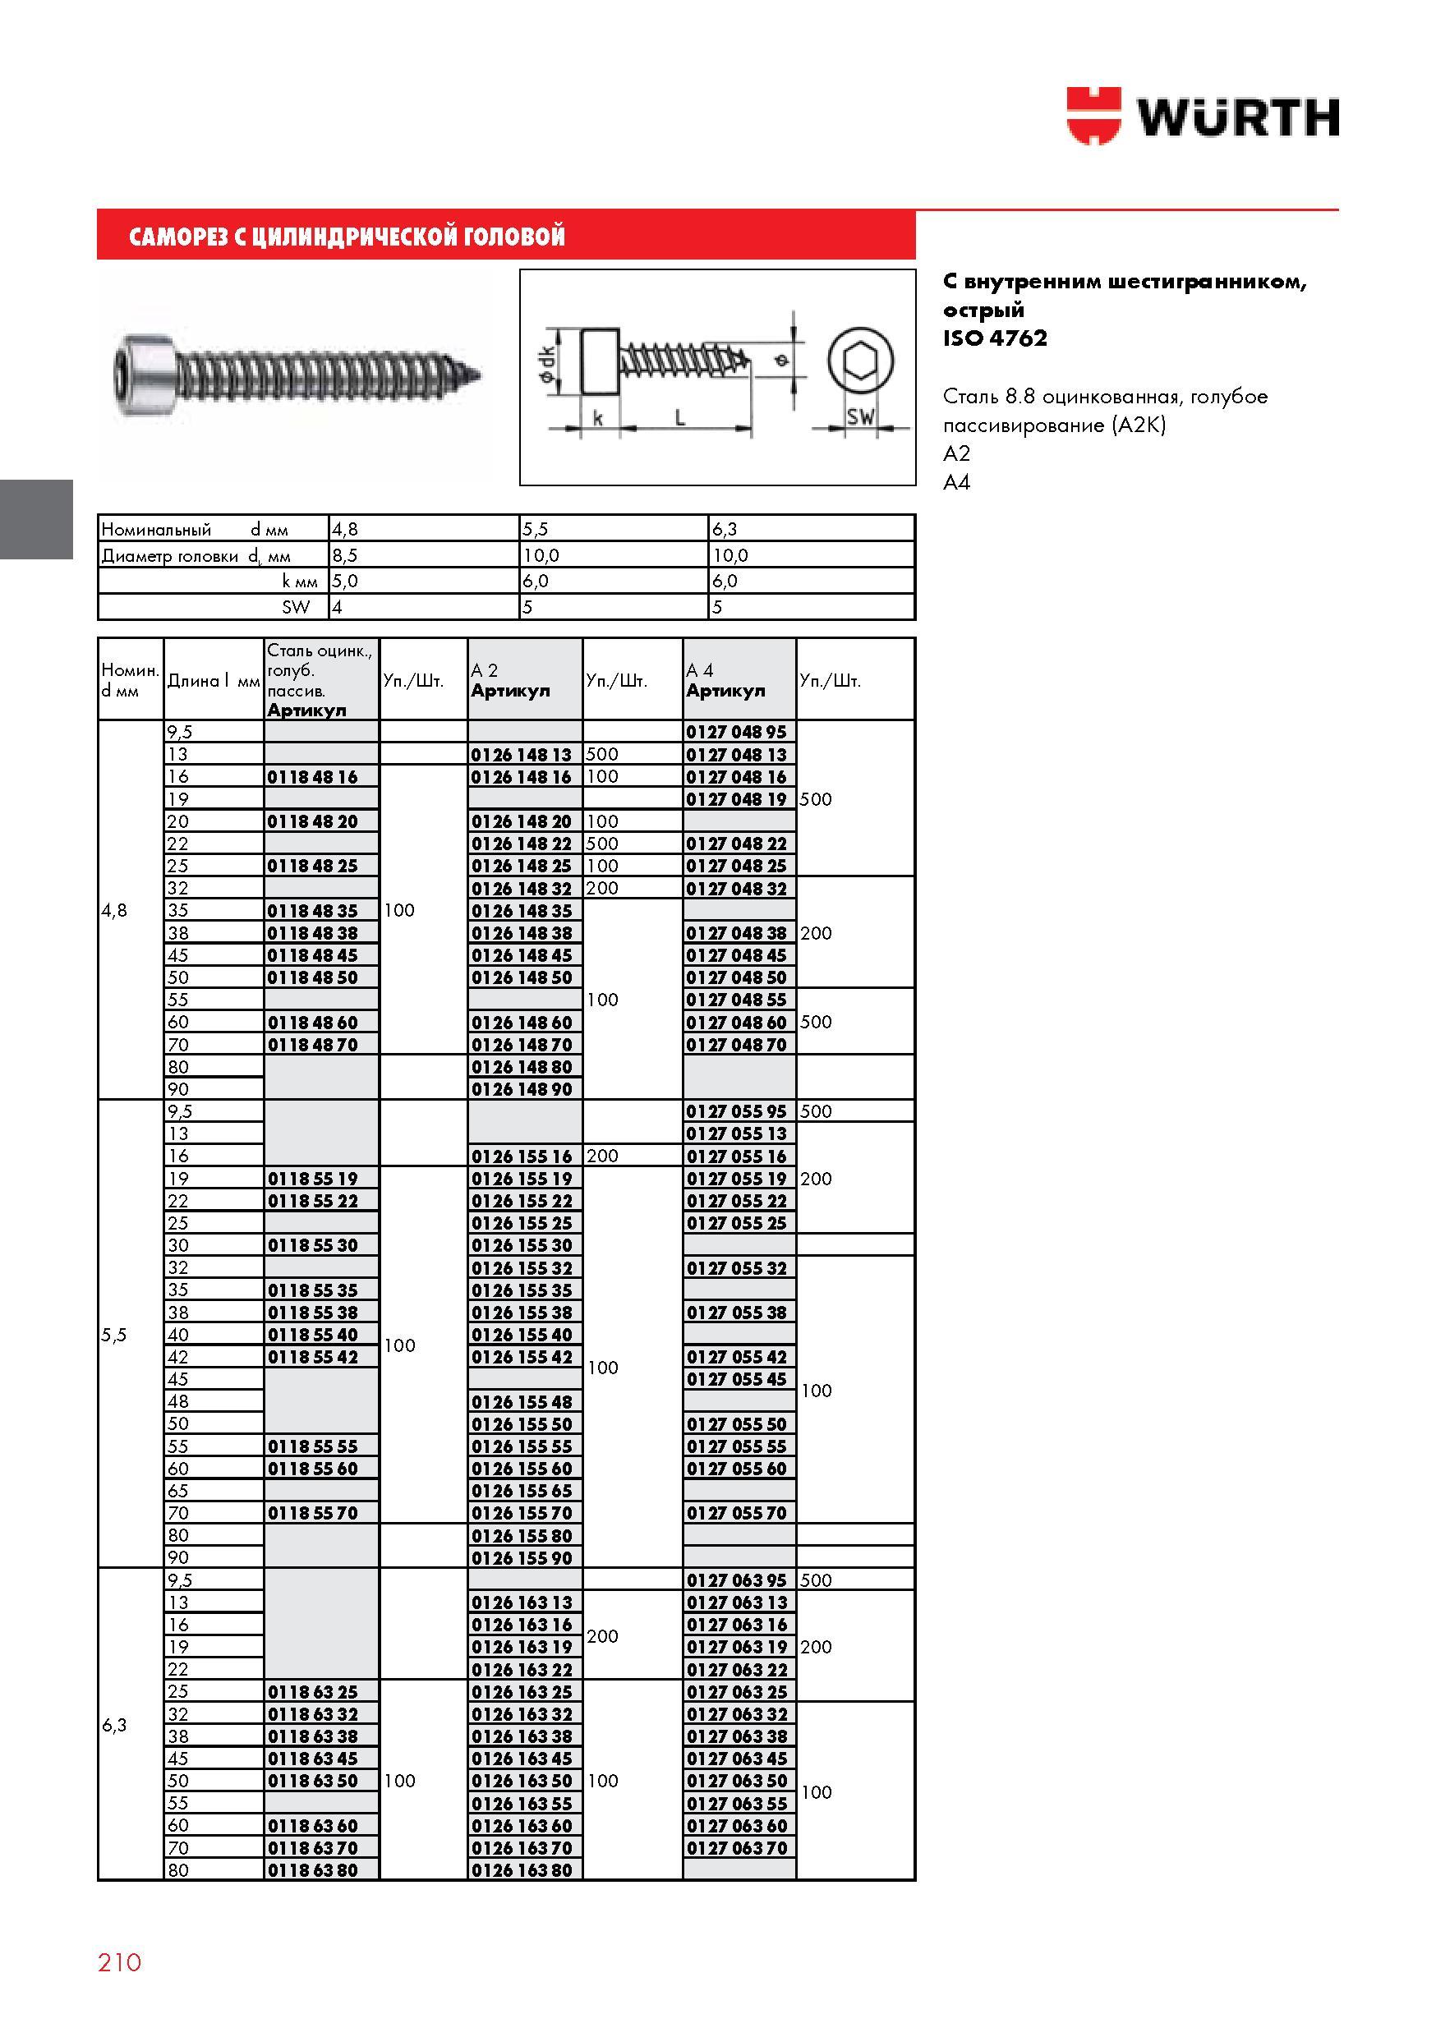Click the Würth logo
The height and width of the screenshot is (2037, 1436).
point(1203,115)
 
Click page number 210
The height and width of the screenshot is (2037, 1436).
point(120,1961)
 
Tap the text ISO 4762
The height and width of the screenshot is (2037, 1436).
point(995,338)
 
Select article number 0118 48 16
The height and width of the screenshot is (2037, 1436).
point(312,777)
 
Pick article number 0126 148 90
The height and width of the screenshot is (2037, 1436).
point(522,1089)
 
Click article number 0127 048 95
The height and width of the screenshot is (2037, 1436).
point(737,733)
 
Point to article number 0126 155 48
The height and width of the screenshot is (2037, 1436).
point(522,1402)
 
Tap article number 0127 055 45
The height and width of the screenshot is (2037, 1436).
point(737,1380)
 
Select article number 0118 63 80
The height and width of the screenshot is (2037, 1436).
point(312,1870)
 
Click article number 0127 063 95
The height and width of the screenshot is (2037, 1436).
point(737,1580)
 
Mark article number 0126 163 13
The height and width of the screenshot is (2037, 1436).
point(522,1602)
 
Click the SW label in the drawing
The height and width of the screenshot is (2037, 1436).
point(860,416)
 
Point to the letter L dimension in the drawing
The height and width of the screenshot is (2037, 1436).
point(680,416)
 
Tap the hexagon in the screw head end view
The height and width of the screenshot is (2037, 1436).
point(860,361)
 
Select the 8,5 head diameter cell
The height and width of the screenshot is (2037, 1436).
point(344,555)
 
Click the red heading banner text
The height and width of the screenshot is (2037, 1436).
point(347,236)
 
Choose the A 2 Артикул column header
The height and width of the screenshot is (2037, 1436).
point(510,680)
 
